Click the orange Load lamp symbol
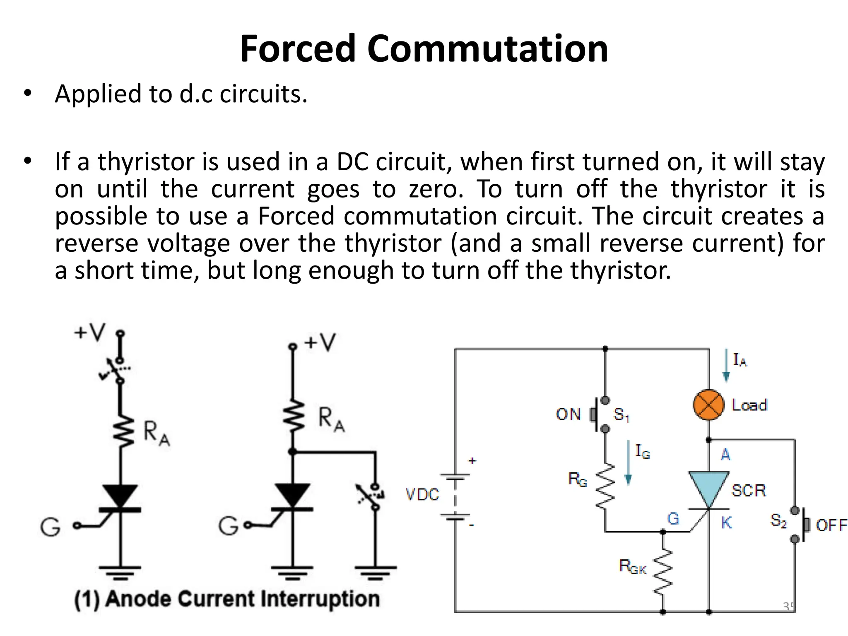pyautogui.click(x=708, y=405)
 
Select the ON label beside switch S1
pyautogui.click(x=568, y=414)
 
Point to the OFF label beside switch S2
pyautogui.click(x=831, y=525)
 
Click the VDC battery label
pyautogui.click(x=422, y=494)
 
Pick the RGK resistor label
pyautogui.click(x=632, y=566)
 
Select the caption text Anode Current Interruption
pyautogui.click(x=242, y=599)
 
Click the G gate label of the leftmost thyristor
pyautogui.click(x=50, y=527)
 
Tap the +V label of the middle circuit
pyautogui.click(x=319, y=342)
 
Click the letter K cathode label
pyautogui.click(x=726, y=523)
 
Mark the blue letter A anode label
pyautogui.click(x=725, y=455)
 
